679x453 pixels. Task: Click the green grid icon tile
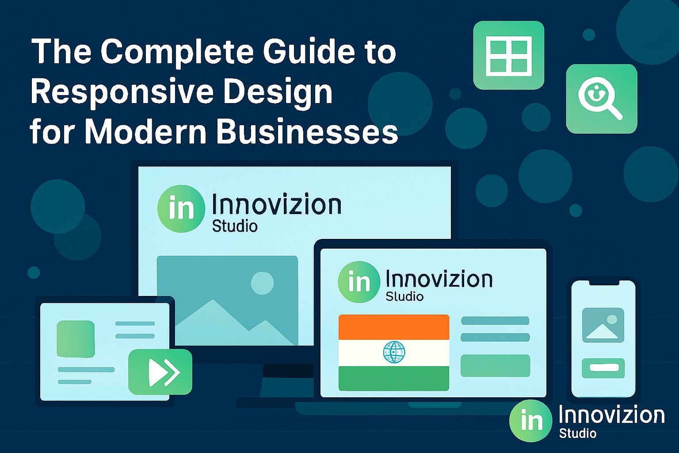(508, 55)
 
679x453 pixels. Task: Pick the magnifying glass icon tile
(601, 99)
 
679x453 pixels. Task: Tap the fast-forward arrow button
(160, 372)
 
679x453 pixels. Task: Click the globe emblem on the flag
(393, 352)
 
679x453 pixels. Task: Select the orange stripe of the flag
(393, 327)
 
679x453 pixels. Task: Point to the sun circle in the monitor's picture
(262, 283)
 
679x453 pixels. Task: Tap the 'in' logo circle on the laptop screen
(359, 282)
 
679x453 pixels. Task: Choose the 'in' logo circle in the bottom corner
(530, 421)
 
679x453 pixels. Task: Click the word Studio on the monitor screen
(235, 226)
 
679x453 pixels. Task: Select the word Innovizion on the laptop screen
(439, 279)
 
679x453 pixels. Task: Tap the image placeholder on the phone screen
(603, 325)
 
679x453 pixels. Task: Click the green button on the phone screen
(603, 368)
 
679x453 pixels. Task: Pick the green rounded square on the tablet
(76, 339)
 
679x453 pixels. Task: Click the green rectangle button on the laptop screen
(495, 366)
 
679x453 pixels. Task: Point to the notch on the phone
(603, 282)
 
